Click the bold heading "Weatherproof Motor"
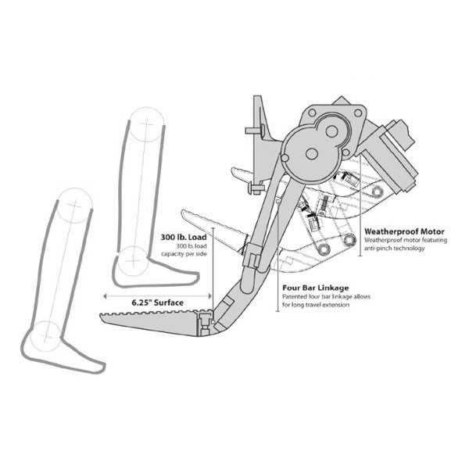pos(404,231)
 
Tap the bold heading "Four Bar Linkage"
pos(316,288)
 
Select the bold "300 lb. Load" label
pos(184,237)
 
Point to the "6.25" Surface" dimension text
pos(158,303)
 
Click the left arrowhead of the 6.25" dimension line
pos(105,296)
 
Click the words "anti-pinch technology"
pos(394,249)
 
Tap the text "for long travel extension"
pos(316,305)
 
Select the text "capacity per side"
pos(184,254)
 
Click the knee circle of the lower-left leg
pos(74,206)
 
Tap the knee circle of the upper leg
pos(147,124)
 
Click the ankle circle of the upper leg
pos(133,262)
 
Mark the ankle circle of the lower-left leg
pos(45,336)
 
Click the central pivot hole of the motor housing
pos(312,154)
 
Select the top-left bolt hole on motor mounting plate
pos(312,113)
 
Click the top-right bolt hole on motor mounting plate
pos(358,113)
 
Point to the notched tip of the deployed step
pos(102,316)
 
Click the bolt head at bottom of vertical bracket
pos(256,188)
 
